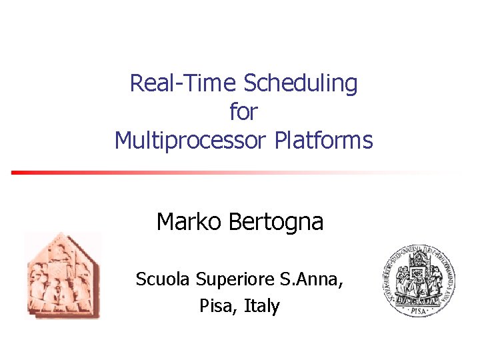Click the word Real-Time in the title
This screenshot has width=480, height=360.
point(183,84)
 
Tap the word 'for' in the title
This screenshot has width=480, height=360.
point(243,112)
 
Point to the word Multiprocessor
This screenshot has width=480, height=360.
point(191,141)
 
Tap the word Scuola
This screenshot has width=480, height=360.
point(163,279)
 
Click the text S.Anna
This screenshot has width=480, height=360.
point(312,279)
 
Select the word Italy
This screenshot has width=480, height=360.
point(262,307)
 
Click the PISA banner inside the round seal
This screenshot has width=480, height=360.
point(419,309)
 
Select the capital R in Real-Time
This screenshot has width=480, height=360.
point(136,84)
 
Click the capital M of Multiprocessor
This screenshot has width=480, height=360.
point(125,141)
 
